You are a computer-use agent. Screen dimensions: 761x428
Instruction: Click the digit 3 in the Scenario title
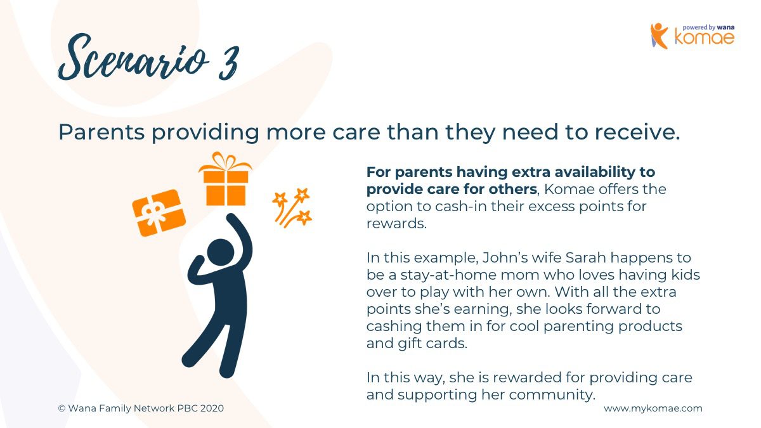(x=229, y=63)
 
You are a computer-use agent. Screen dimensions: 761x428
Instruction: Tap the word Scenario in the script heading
(x=133, y=58)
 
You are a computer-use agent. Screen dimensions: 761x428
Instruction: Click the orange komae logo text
(x=705, y=37)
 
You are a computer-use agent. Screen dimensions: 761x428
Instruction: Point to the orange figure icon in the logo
(x=659, y=36)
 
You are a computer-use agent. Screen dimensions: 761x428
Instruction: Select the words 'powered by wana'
(x=708, y=27)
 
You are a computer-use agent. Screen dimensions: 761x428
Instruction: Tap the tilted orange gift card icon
(x=159, y=212)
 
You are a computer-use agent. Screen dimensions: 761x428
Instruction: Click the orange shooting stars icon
(x=292, y=208)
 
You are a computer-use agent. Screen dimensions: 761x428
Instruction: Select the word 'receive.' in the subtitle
(x=637, y=132)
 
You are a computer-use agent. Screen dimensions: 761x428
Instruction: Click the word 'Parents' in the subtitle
(x=101, y=132)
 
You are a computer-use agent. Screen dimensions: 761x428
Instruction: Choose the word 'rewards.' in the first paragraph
(x=396, y=223)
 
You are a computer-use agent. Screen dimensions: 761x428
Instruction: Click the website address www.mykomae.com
(x=653, y=408)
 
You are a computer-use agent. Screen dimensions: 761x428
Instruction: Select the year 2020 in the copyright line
(x=212, y=408)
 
